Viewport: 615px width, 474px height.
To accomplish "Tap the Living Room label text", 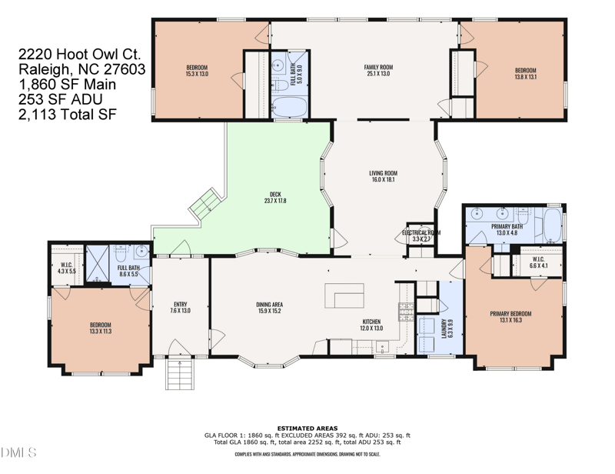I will (382, 176).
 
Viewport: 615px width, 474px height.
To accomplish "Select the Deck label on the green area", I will (274, 198).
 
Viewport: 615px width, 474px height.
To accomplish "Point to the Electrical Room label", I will (421, 235).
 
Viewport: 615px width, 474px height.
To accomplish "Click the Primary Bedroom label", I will (510, 316).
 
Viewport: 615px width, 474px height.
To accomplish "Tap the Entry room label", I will (180, 307).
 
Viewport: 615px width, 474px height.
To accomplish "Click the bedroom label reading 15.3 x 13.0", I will (197, 71).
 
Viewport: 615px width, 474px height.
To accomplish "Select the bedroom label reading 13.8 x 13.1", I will (525, 71).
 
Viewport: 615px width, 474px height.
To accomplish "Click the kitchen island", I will (344, 296).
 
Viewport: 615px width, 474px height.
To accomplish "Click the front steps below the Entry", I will (180, 374).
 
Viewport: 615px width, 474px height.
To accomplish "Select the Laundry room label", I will (445, 328).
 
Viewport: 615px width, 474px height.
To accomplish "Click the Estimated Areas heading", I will (307, 427).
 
